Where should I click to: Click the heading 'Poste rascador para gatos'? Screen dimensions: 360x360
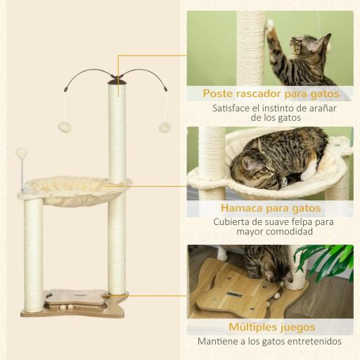coord(271,93)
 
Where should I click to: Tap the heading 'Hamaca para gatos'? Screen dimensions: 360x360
coord(271,208)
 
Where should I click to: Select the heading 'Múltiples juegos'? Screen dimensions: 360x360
coord(271,326)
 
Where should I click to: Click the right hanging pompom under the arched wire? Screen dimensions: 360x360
coord(165,127)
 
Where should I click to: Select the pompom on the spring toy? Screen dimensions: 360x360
coord(21,153)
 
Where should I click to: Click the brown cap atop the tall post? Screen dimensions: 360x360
coord(117,82)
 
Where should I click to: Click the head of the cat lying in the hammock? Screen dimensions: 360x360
coord(254,167)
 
